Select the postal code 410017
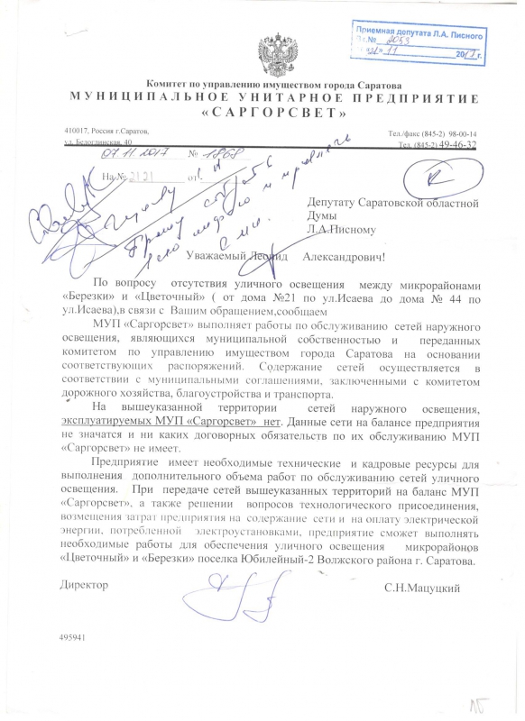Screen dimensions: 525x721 [x=79, y=132]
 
